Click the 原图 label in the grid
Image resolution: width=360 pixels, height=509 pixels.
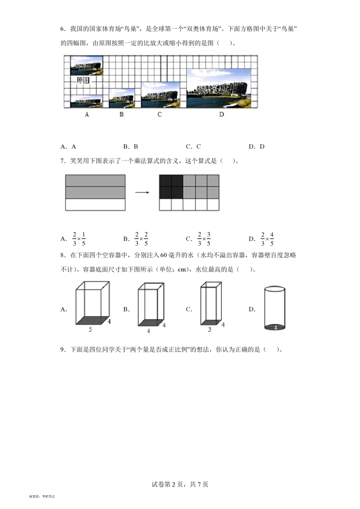pos(83,80)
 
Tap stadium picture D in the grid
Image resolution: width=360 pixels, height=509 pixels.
pos(219,88)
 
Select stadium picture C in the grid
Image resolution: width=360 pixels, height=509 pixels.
pos(161,95)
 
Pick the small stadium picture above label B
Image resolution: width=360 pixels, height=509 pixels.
pos(122,98)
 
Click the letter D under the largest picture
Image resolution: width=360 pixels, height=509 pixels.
pos(221,114)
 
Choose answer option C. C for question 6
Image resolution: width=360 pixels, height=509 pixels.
pos(193,147)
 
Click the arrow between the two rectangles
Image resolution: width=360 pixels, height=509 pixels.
pos(142,192)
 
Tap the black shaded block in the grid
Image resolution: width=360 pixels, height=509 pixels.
pos(171,187)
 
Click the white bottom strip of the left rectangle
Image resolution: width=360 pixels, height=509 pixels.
pos(95,205)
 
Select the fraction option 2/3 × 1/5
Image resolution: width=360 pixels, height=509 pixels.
pos(79,239)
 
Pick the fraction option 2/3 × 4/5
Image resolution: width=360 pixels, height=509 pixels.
pos(267,239)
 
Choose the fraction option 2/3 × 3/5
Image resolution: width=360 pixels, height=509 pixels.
pos(204,239)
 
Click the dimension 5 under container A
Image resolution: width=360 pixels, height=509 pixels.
pos(90,329)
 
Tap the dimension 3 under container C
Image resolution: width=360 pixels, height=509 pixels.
pos(210,329)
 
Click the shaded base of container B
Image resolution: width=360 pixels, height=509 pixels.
pos(151,323)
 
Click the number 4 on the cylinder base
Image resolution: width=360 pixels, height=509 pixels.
pos(275,327)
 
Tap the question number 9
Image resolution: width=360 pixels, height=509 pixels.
pos(63,350)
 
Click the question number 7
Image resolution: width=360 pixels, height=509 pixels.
pos(63,161)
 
